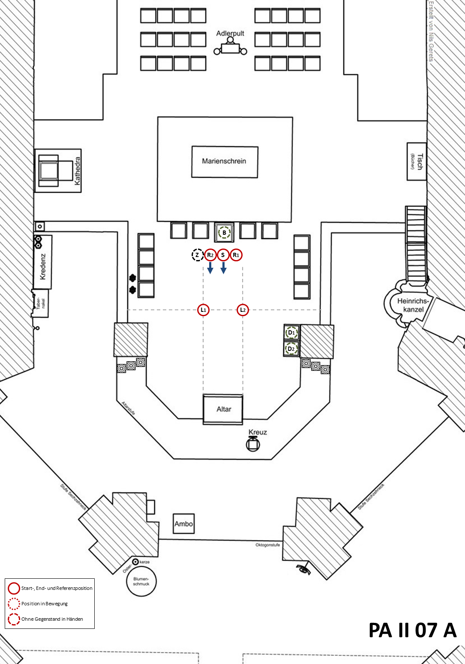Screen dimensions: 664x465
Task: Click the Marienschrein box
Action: point(225,162)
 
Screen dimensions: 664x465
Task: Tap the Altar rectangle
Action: point(223,409)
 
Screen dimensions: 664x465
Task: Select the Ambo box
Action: point(183,523)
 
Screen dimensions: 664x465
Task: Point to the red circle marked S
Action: point(223,255)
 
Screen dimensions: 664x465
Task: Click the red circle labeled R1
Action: point(236,255)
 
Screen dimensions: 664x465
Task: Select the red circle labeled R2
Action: point(210,255)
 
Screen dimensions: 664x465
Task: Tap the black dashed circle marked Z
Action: point(197,255)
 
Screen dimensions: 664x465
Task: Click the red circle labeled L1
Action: point(204,310)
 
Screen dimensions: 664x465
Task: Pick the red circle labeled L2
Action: point(243,310)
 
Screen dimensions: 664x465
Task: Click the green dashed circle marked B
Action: point(224,233)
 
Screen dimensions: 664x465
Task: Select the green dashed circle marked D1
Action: point(291,333)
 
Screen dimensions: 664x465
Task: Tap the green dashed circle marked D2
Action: point(291,349)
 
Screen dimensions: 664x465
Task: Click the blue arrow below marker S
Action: point(223,268)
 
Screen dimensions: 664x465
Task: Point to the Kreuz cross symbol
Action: point(253,444)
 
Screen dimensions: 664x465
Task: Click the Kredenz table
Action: point(43,262)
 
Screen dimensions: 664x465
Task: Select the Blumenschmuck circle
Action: point(141,581)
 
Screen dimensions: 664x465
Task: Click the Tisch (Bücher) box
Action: point(416,162)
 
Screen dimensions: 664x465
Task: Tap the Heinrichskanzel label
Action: point(413,305)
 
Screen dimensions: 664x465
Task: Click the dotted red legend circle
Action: point(14,604)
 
